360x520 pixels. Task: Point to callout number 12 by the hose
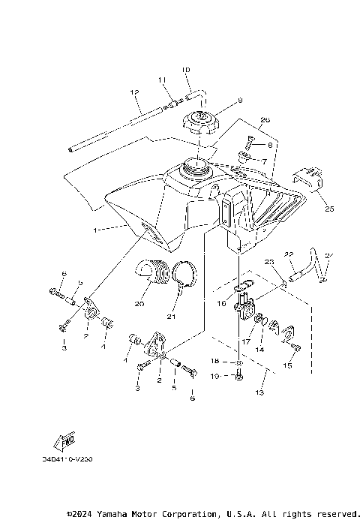point(135,92)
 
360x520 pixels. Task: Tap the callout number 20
point(138,305)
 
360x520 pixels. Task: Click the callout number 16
point(221,305)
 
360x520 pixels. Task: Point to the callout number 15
point(286,365)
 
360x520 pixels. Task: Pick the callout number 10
point(185,70)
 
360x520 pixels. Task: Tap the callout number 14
point(260,350)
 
